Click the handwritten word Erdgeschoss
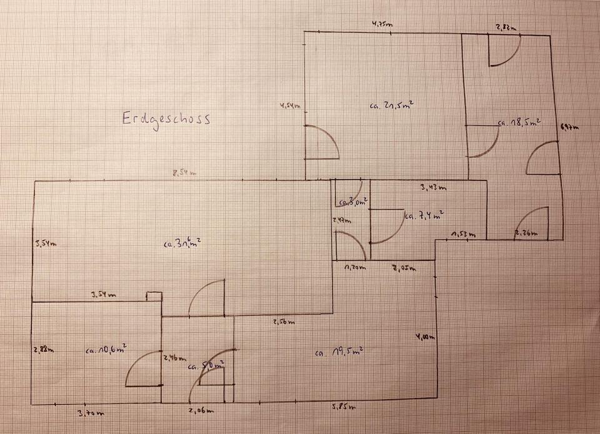166,119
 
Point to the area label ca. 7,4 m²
424,216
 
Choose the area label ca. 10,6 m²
106,348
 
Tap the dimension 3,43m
432,187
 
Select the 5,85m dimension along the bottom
344,408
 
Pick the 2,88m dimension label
43,350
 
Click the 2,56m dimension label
283,322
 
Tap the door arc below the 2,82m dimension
504,51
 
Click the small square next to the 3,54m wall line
154,297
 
